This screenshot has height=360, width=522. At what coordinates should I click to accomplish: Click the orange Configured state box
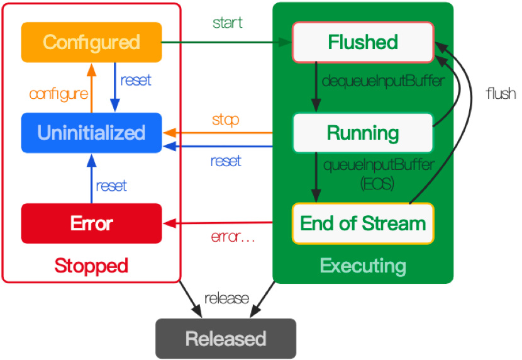click(91, 42)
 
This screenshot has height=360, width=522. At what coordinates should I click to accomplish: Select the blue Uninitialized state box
click(91, 133)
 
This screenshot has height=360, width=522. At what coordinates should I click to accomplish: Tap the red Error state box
click(91, 223)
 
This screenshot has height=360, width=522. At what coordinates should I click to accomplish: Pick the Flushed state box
click(363, 42)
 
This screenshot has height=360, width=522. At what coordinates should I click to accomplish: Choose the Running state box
click(363, 133)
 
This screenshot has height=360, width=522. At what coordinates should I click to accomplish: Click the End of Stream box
click(363, 223)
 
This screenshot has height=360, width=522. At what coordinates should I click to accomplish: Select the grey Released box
click(225, 339)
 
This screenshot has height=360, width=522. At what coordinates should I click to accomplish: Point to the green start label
click(228, 23)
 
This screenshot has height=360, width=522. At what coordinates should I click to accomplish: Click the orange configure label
click(58, 94)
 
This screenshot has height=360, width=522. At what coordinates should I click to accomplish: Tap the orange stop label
click(225, 120)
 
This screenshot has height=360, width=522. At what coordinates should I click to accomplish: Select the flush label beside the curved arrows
click(501, 94)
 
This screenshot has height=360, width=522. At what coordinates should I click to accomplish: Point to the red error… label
click(233, 238)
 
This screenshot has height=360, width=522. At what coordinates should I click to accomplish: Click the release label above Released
click(226, 298)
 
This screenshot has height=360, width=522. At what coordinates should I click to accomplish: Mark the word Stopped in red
click(91, 265)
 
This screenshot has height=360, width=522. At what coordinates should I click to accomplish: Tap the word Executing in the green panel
click(363, 265)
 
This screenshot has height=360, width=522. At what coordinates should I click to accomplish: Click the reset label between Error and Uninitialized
click(111, 186)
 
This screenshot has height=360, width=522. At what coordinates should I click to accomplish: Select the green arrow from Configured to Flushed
click(226, 42)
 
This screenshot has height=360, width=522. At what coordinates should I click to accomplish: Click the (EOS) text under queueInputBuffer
click(378, 184)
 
